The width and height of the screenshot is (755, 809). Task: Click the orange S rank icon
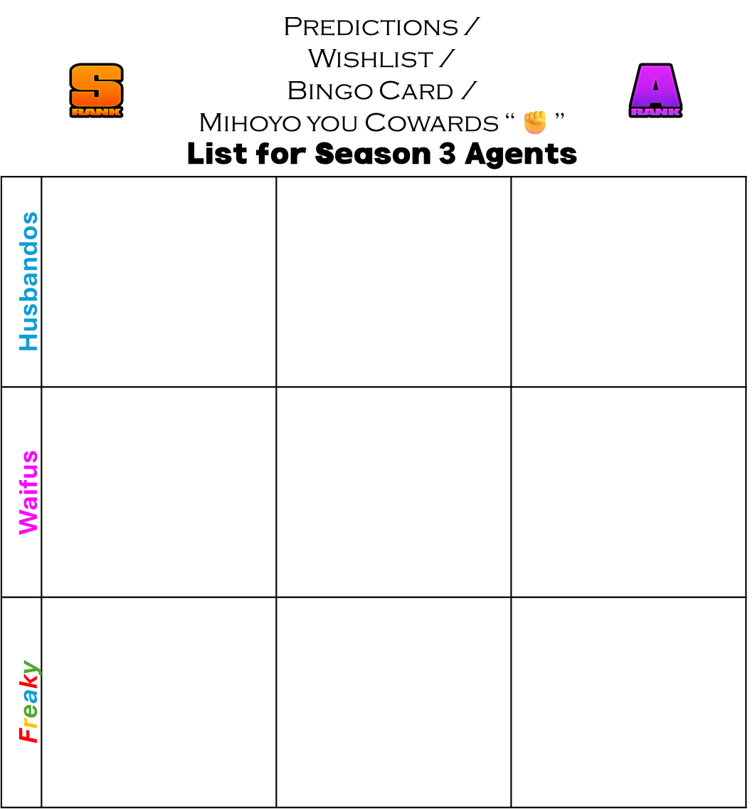pos(97,90)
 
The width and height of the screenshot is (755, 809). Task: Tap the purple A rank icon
pos(655,90)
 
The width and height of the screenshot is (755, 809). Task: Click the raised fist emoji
pos(535,122)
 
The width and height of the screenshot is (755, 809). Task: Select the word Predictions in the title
pos(371,27)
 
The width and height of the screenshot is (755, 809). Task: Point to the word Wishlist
pos(371,59)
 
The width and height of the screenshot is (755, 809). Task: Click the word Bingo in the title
pos(330,91)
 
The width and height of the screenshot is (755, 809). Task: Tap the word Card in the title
pos(416,91)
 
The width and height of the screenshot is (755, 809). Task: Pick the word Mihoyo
pos(250,122)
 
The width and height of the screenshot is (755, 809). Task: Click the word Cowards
pos(432,122)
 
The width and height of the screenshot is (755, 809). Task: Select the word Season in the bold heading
pos(373,154)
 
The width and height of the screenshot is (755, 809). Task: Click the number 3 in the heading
pos(447,154)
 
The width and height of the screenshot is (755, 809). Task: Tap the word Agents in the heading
pos(520,155)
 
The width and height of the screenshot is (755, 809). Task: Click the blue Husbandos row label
pos(28,282)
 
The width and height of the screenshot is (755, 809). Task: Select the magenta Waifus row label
pos(28,493)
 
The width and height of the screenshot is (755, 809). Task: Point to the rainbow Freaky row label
pos(28,701)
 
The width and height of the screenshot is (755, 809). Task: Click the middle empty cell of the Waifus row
pos(394,492)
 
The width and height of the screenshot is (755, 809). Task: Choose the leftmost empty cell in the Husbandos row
pos(159,282)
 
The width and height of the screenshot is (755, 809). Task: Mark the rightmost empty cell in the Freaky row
pos(628,702)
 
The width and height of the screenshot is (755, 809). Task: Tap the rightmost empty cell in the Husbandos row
pos(628,282)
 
